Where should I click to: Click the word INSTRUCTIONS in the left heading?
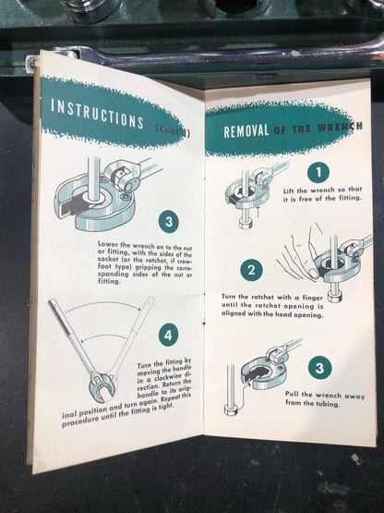tap(97, 113)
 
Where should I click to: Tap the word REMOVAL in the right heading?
tap(246, 131)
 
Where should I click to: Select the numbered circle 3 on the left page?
tap(169, 222)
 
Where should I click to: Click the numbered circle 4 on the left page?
tap(168, 336)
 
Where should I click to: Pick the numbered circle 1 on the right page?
tap(318, 172)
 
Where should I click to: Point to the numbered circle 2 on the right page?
tap(251, 270)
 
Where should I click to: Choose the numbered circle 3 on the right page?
tap(319, 368)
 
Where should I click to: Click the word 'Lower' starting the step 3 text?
tap(105, 244)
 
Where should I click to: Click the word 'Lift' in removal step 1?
tap(289, 190)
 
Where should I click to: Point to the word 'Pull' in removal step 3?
tap(293, 395)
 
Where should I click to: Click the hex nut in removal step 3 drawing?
tap(231, 409)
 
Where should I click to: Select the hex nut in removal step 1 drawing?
tap(246, 225)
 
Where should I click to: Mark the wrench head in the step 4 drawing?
tap(102, 387)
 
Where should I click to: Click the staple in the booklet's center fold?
tap(204, 323)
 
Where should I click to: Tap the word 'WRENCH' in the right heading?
tap(340, 127)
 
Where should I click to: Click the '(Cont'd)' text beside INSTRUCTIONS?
tap(173, 131)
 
